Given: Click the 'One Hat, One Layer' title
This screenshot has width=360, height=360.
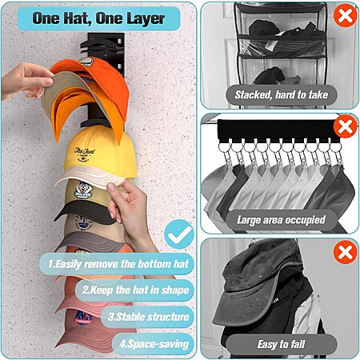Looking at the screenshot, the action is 98,18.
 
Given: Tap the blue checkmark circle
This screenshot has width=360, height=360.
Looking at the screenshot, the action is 179,234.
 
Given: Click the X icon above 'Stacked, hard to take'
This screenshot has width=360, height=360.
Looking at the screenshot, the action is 345,15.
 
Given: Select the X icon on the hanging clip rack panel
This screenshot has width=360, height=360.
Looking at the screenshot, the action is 345,126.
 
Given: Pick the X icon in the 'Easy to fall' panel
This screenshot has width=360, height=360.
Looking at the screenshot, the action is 345,252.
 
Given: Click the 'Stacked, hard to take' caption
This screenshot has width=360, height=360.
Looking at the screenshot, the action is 282,95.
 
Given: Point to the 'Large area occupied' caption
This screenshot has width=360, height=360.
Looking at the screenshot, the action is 281,220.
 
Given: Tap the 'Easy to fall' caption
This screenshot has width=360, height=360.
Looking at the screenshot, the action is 281,344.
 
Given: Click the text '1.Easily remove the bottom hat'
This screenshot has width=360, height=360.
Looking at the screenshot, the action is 118,264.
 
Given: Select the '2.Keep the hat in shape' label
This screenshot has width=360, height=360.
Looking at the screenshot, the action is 135,290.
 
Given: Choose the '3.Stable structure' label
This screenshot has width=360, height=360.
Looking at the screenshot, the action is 148,317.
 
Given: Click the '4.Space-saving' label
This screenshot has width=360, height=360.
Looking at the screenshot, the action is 154,344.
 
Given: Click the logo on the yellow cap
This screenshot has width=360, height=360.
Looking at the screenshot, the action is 84,154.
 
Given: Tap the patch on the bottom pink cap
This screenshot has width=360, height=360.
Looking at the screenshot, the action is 83,318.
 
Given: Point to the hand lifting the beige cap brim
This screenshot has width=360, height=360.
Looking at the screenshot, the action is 26,81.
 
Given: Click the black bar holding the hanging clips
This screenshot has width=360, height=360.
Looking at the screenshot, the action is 278,130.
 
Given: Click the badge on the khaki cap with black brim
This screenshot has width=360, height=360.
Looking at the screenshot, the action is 83,190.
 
